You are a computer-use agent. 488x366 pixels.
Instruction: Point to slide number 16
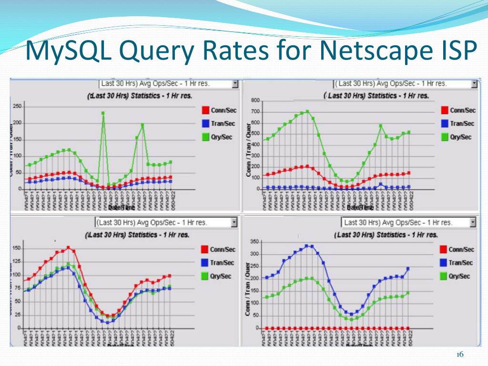(460, 354)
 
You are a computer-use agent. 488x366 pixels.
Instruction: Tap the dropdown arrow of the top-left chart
(235, 83)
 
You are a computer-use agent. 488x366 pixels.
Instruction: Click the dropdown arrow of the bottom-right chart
(473, 223)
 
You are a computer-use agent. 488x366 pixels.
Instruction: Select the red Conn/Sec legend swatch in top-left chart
(206, 110)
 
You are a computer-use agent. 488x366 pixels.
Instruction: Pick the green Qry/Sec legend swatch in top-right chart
(445, 137)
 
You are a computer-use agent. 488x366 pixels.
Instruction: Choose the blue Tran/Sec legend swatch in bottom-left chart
(204, 263)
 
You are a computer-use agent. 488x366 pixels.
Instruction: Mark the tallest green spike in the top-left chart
(103, 113)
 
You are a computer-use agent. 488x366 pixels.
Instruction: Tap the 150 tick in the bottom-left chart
(16, 248)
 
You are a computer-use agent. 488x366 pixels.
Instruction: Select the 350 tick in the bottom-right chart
(254, 243)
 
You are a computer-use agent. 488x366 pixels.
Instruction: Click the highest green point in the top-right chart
(307, 112)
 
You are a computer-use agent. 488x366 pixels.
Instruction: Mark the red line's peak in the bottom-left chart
(68, 247)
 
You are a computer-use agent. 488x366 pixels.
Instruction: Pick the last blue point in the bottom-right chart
(408, 269)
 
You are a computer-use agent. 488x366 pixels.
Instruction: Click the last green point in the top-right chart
(409, 132)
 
